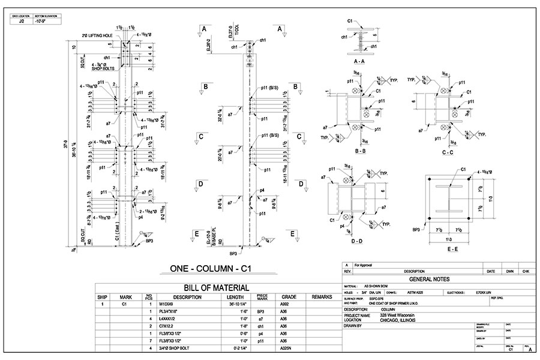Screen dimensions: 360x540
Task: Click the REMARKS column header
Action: [x=322, y=296]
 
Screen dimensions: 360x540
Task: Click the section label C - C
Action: [x=446, y=152]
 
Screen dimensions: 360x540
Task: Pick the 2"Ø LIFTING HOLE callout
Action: [x=97, y=36]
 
